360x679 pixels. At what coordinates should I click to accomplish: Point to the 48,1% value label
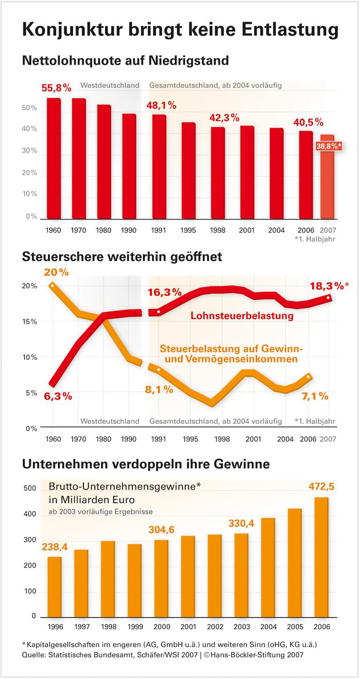pos(161,106)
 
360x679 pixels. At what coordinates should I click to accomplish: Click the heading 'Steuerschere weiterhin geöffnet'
pos(122,257)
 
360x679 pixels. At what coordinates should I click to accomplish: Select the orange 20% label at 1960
pos(56,272)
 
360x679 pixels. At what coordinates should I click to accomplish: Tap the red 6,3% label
pos(58,396)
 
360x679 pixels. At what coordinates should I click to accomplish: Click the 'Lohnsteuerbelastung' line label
pos(242,316)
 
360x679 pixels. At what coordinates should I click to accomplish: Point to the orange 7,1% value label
pos(314,396)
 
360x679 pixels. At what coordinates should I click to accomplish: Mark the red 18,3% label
pos(327,286)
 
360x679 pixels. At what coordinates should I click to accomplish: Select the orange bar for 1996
pos(54,587)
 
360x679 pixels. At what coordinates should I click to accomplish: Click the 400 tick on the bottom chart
pos(30,514)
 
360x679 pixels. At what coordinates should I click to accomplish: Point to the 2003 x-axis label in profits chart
pos(242,627)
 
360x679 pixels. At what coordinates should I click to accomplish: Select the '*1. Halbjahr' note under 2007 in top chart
pos(315,239)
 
